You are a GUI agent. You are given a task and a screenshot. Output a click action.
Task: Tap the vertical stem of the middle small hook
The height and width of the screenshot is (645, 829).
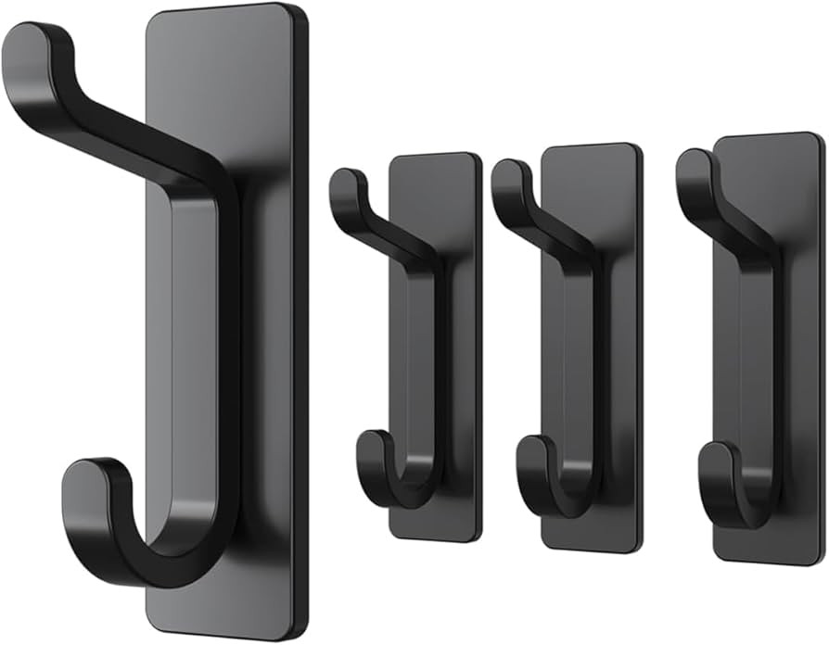point(591,371)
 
